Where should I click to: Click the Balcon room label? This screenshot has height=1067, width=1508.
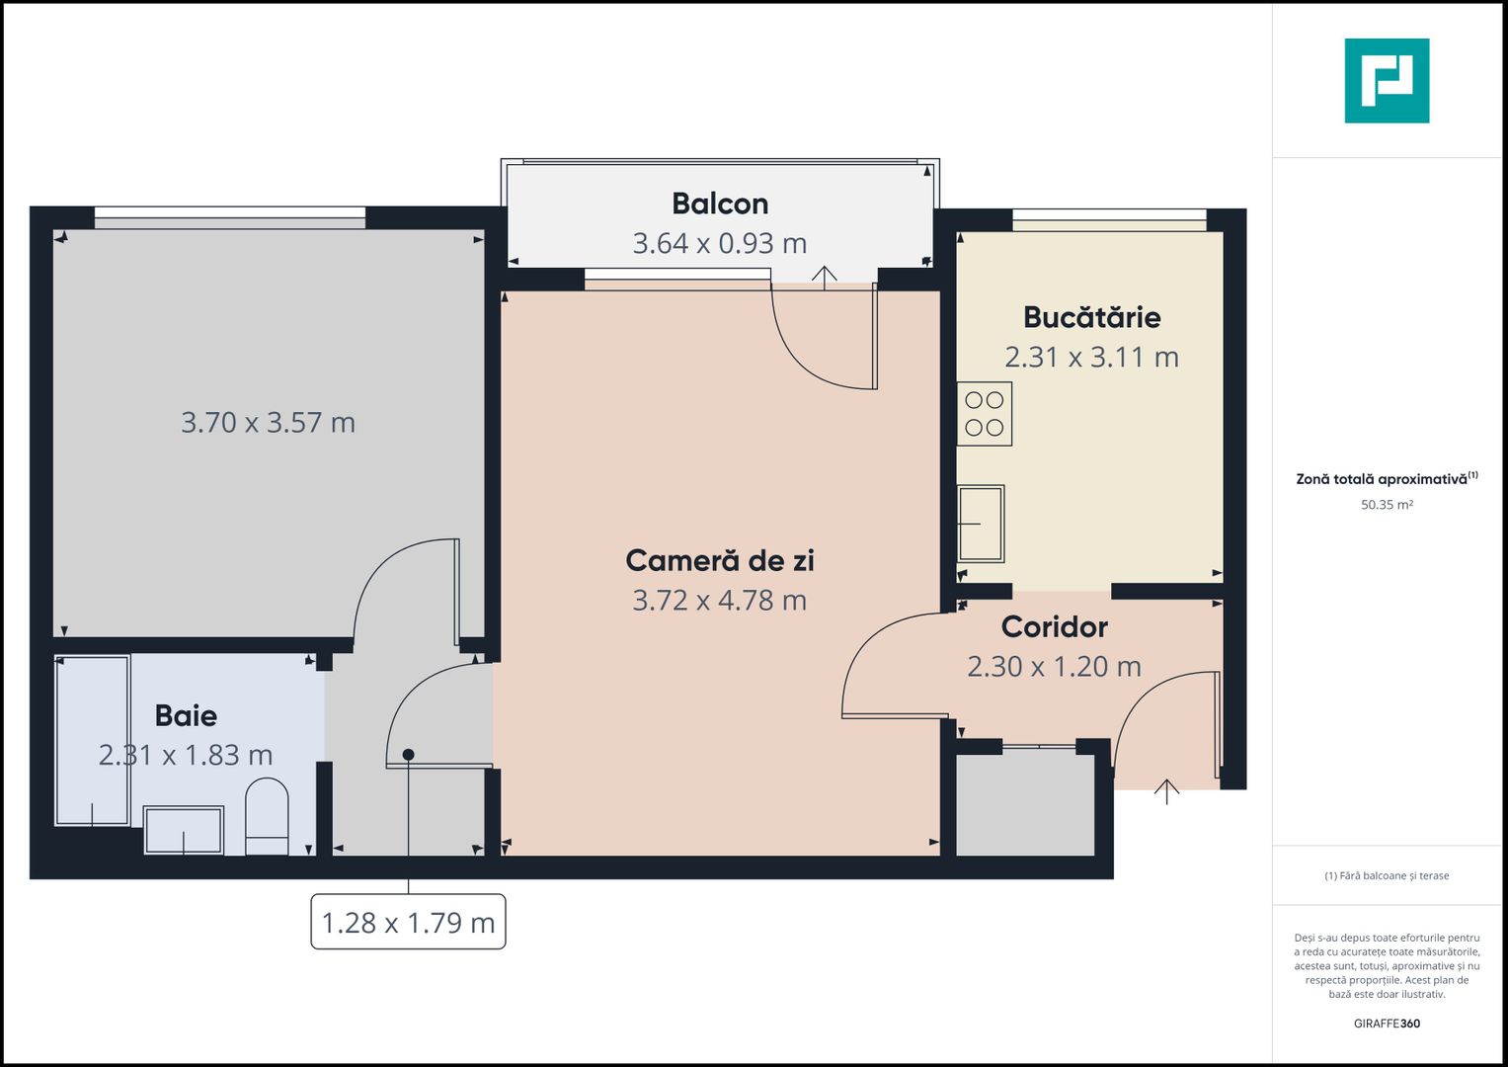click(720, 204)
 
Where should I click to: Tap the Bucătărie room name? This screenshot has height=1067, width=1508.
click(1091, 317)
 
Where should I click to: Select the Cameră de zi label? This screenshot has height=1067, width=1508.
click(720, 560)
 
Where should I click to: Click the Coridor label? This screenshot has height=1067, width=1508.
click(1054, 626)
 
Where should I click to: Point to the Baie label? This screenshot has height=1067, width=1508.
click(186, 715)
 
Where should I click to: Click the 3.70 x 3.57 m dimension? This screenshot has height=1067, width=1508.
click(268, 423)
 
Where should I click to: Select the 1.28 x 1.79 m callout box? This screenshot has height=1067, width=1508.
click(408, 922)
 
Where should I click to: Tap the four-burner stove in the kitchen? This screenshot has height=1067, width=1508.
click(985, 414)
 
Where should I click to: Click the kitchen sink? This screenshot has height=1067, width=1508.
click(981, 524)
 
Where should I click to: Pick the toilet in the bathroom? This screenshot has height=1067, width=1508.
click(267, 816)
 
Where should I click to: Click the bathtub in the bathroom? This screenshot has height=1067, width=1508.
click(93, 740)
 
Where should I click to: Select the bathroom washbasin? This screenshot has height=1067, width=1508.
click(184, 830)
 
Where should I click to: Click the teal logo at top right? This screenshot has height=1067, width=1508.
click(1387, 81)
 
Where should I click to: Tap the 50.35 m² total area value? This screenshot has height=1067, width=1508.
click(1387, 505)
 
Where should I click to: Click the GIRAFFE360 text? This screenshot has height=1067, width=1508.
click(1387, 1024)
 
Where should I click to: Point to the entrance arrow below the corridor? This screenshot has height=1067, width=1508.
click(1166, 791)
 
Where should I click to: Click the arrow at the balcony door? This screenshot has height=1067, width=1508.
click(824, 276)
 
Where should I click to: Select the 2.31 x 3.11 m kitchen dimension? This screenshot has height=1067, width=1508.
click(1091, 357)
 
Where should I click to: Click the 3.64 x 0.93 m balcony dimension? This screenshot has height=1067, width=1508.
click(720, 243)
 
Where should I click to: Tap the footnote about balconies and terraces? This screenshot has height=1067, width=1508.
click(1387, 875)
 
